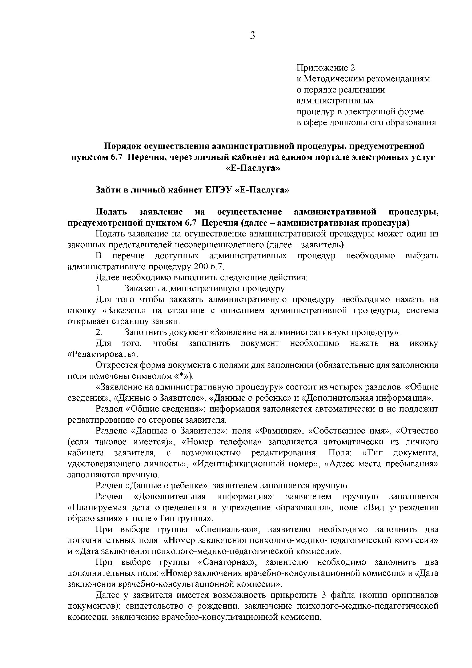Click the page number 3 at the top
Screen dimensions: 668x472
tap(252, 35)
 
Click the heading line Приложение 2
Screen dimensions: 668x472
tap(326, 68)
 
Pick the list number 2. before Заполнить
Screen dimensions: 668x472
tap(99, 332)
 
